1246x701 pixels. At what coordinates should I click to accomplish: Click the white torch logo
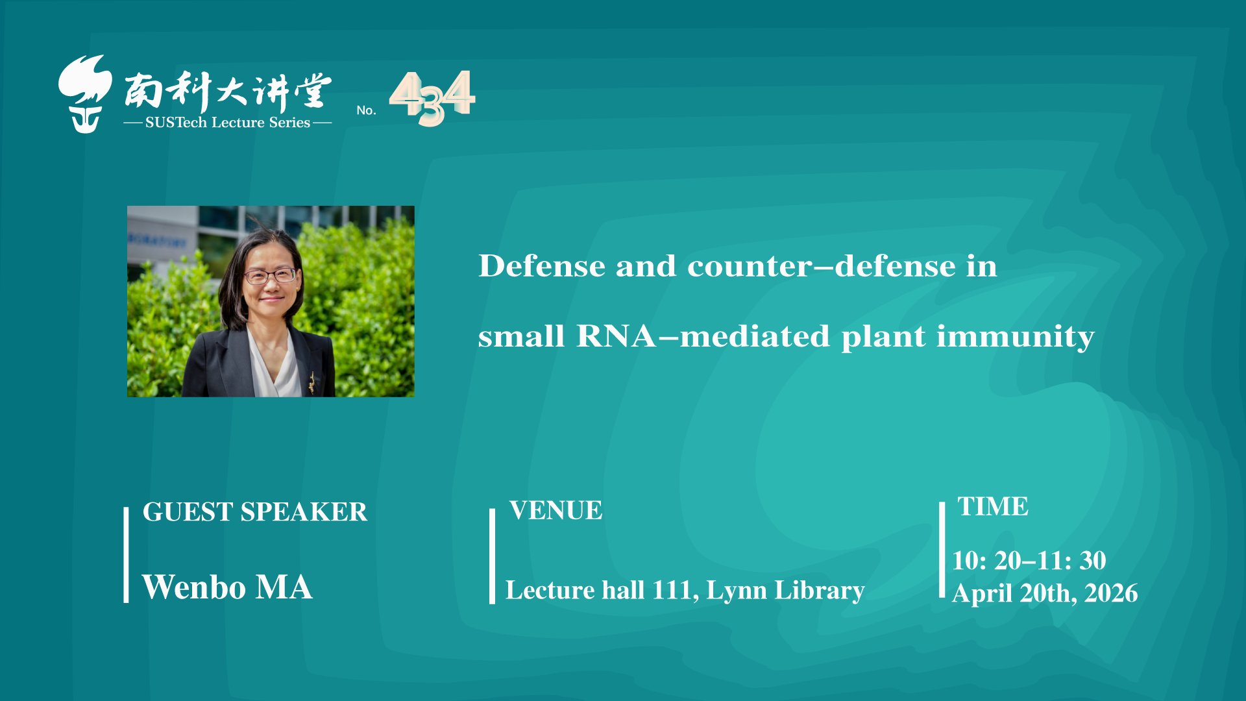pyautogui.click(x=85, y=95)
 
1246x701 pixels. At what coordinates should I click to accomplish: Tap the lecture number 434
pyautogui.click(x=432, y=98)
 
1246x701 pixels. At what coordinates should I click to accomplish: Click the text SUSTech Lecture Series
pyautogui.click(x=228, y=123)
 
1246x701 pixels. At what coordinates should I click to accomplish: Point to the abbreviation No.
pyautogui.click(x=366, y=110)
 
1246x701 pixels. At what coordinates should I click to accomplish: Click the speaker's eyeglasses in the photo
pyautogui.click(x=271, y=276)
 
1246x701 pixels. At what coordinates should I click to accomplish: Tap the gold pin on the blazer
pyautogui.click(x=311, y=382)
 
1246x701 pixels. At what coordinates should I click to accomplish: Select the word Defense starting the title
pyautogui.click(x=542, y=265)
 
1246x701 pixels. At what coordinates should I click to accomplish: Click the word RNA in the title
pyautogui.click(x=616, y=336)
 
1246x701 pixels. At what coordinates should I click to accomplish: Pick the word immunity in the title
pyautogui.click(x=1016, y=338)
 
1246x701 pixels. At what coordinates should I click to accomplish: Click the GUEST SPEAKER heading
pyautogui.click(x=255, y=512)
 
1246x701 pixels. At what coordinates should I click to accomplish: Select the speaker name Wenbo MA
pyautogui.click(x=227, y=587)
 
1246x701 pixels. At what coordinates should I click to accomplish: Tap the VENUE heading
pyautogui.click(x=556, y=511)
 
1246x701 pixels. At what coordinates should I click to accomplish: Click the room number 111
pyautogui.click(x=674, y=591)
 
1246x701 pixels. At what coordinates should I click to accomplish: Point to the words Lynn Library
pyautogui.click(x=785, y=591)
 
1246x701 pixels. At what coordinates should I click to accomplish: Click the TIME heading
pyautogui.click(x=993, y=507)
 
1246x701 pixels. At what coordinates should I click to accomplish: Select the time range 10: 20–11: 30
pyautogui.click(x=1029, y=561)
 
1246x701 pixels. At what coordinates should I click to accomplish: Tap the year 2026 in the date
pyautogui.click(x=1111, y=593)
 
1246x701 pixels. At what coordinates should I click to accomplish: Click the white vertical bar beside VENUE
pyautogui.click(x=492, y=556)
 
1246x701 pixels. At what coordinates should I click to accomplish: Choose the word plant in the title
pyautogui.click(x=883, y=338)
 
